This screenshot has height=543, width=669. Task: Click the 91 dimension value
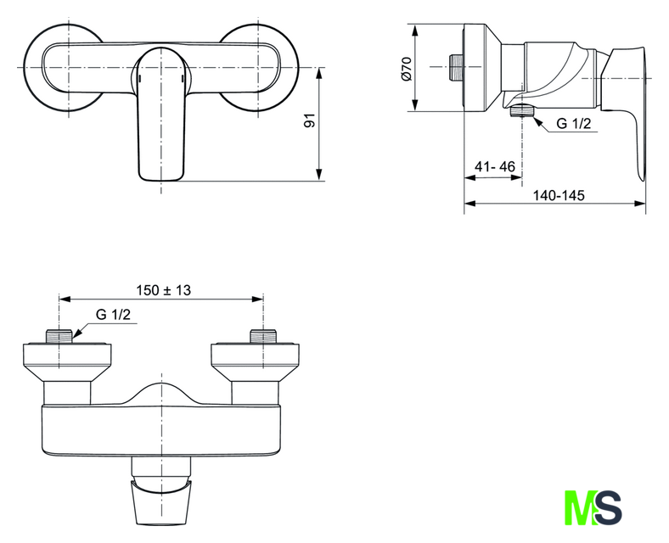pyautogui.click(x=310, y=121)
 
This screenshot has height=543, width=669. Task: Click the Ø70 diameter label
pyautogui.click(x=407, y=67)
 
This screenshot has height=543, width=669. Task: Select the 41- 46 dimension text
pyautogui.click(x=496, y=167)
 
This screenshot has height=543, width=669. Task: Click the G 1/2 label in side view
pyautogui.click(x=573, y=125)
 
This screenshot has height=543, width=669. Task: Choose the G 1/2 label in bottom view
pyautogui.click(x=113, y=315)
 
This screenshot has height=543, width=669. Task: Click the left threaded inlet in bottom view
pyautogui.click(x=59, y=334)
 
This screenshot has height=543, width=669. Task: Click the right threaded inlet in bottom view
pyautogui.click(x=263, y=334)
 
